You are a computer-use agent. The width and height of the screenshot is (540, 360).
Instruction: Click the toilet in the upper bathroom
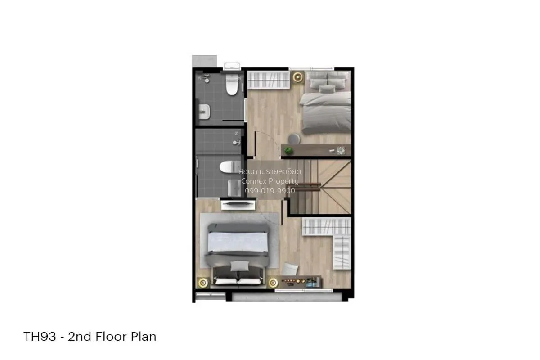[232, 85]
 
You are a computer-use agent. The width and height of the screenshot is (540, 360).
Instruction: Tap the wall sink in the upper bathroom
[204, 112]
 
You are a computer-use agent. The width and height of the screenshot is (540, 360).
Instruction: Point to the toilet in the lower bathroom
[230, 167]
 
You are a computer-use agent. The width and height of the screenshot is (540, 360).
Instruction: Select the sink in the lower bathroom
[234, 188]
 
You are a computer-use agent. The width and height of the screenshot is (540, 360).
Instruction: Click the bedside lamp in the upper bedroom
[298, 77]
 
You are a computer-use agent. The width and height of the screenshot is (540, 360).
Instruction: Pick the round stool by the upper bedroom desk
[294, 139]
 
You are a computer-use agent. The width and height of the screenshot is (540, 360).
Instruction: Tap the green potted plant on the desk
[288, 151]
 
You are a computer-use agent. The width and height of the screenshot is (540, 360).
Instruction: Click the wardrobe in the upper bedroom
[269, 80]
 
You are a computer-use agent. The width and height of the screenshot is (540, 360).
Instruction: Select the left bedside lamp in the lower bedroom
[203, 283]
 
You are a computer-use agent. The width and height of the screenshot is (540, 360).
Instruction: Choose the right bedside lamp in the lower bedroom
[273, 283]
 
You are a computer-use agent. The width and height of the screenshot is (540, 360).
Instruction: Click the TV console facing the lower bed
[238, 205]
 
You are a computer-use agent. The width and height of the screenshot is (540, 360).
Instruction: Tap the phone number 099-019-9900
[270, 191]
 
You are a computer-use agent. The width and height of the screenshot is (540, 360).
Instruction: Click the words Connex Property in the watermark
[270, 181]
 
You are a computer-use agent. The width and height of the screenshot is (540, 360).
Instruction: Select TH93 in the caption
[40, 336]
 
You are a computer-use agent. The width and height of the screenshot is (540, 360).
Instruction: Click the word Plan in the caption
[144, 336]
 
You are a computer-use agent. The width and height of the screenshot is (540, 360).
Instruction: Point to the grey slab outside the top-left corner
[204, 61]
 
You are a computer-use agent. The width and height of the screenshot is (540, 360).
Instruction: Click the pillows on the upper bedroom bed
[328, 82]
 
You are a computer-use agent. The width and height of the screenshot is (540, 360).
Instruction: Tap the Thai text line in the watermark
[270, 172]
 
